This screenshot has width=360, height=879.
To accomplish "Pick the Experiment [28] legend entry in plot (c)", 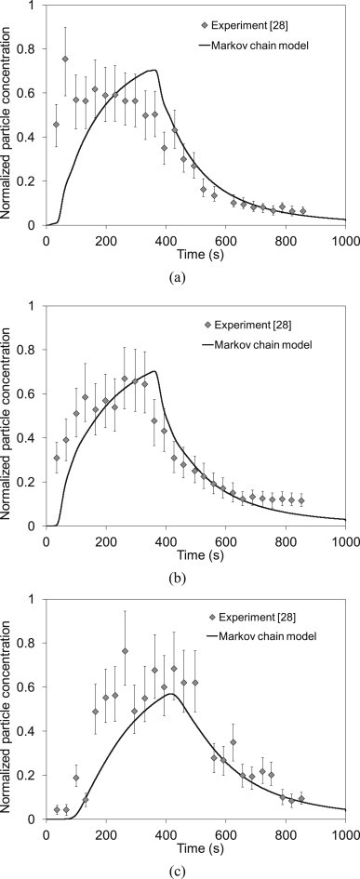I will coord(257,618).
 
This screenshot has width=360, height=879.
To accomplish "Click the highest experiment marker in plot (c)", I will coord(125,651).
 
